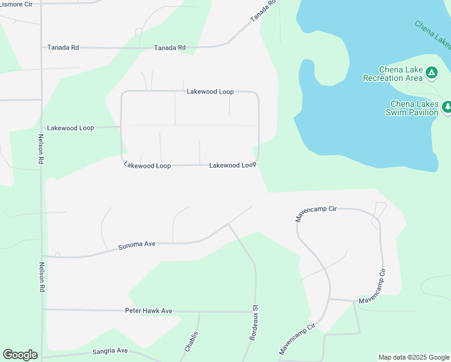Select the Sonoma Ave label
137,245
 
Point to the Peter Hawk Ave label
148,311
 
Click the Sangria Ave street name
110,351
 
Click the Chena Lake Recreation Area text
393,74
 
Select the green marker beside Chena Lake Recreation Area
431,73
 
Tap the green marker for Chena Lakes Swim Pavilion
447,107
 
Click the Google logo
20,355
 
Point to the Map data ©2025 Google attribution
414,357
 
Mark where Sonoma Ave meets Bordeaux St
229,224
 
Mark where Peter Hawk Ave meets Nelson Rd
42,310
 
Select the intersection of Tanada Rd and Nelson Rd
41,47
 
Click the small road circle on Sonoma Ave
57,255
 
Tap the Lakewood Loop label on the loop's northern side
210,92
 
